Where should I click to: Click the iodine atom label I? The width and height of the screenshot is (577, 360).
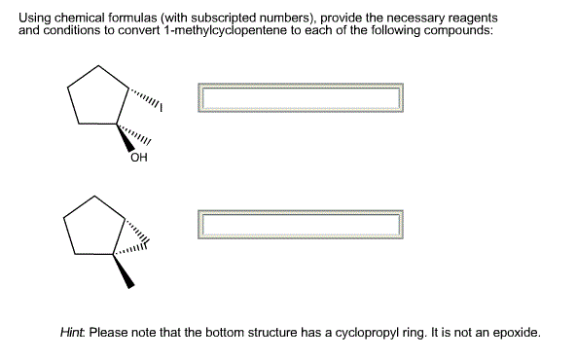(x=161, y=109)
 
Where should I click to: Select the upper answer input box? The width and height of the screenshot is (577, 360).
(x=300, y=97)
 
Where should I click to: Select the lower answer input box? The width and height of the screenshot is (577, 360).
(x=300, y=224)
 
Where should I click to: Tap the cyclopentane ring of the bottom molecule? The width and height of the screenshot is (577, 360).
(x=96, y=230)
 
